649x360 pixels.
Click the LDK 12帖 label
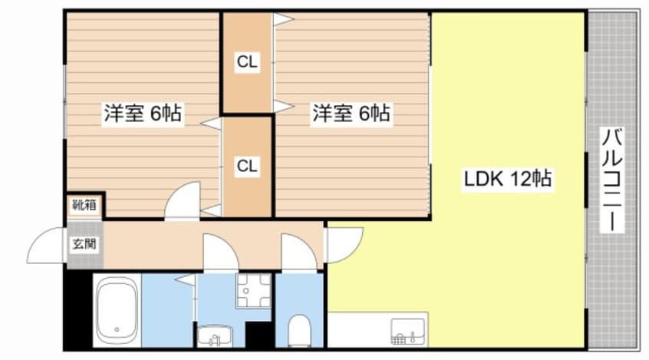[x=507, y=179]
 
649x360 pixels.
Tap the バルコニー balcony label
[x=612, y=180]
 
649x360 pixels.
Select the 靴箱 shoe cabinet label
[x=84, y=205]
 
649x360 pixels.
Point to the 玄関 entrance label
[x=84, y=244]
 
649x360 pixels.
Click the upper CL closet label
[x=247, y=62]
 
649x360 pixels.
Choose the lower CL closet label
[x=247, y=166]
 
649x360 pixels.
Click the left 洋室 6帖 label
[x=143, y=113]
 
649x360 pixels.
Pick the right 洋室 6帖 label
[x=351, y=113]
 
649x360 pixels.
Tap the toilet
[x=299, y=330]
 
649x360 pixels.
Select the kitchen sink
[x=407, y=332]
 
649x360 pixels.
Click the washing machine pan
[x=253, y=290]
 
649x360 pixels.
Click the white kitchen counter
[x=378, y=330]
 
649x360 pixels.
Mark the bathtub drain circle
[x=117, y=330]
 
